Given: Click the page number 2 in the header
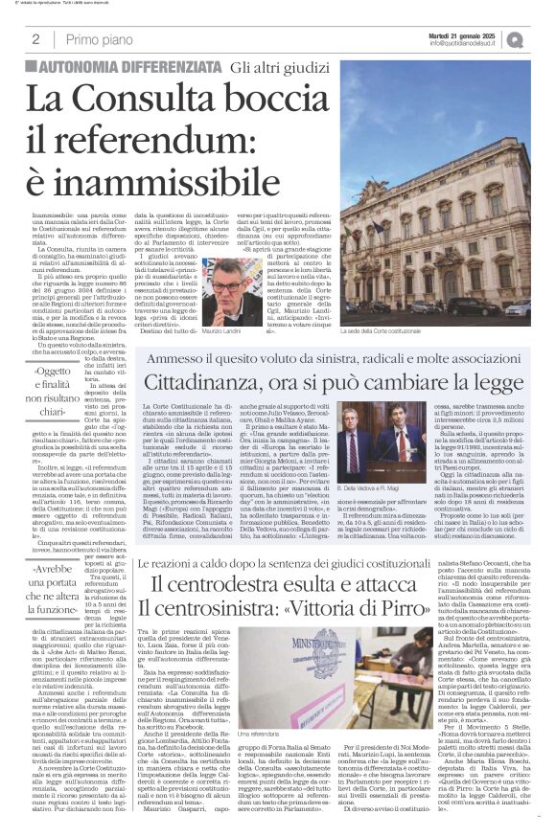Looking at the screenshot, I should [x=35, y=40].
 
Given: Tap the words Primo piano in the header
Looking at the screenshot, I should [x=96, y=40].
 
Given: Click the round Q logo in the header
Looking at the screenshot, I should [x=543, y=39].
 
